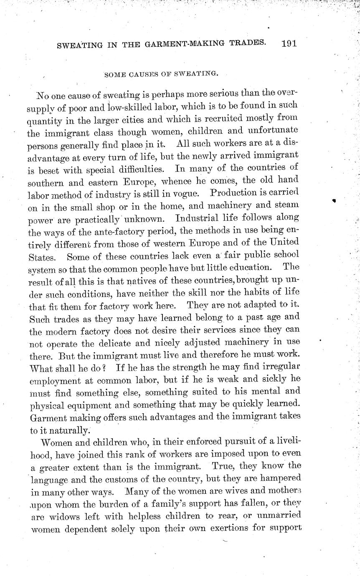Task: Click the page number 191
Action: click(289, 43)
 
